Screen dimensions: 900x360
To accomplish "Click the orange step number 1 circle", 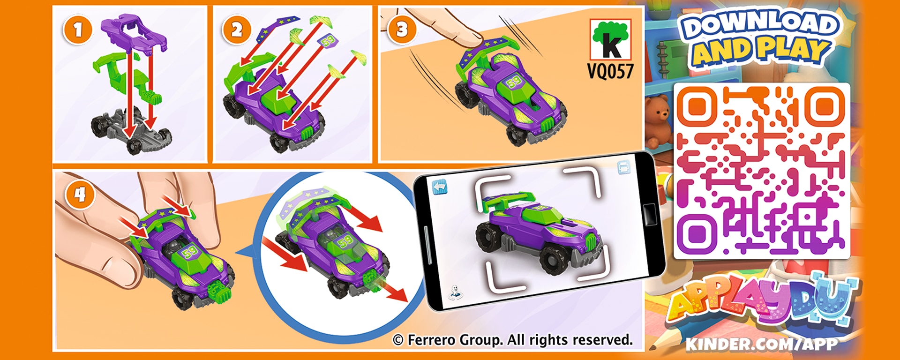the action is tap(77, 30).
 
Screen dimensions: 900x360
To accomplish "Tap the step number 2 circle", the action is tap(236, 30).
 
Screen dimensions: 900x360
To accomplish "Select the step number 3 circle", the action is tap(402, 30).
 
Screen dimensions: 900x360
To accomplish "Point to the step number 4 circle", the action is tap(80, 194).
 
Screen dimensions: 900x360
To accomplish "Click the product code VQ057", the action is tap(610, 71).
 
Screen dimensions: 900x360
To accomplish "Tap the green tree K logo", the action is tap(610, 39).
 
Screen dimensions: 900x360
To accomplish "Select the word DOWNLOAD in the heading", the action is tap(759, 25).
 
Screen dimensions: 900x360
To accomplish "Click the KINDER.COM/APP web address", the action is tap(761, 344).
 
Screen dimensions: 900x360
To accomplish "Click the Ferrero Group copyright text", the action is tap(512, 339).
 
